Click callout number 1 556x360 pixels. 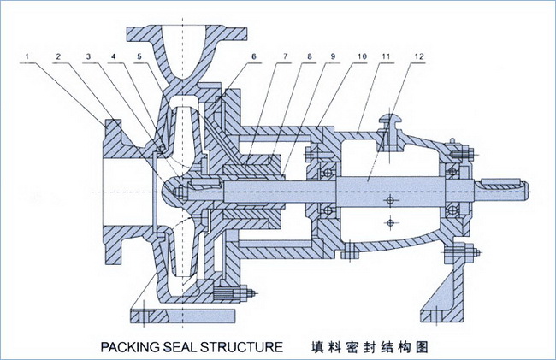click(29, 57)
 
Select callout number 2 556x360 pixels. click(58, 57)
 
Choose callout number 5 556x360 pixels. click(138, 57)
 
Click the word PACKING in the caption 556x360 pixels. click(132, 347)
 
